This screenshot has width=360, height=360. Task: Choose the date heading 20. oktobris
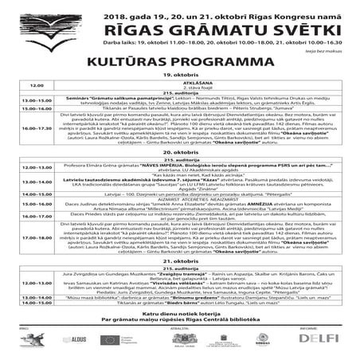179,150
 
